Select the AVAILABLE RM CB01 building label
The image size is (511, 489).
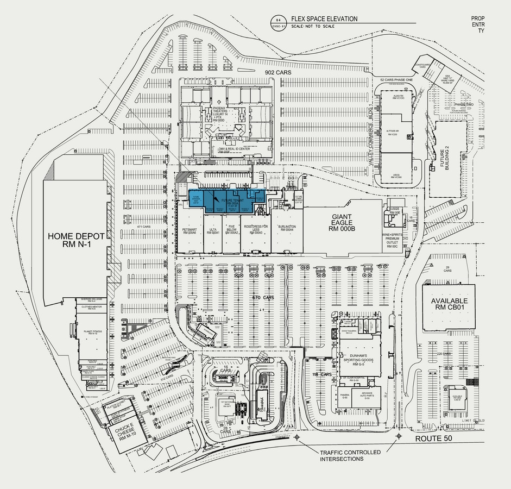(x=449, y=305)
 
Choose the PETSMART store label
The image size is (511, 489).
(x=189, y=230)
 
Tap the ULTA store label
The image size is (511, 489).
(x=212, y=230)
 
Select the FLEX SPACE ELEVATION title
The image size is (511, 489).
(x=324, y=19)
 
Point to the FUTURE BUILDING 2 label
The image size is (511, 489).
(x=439, y=159)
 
